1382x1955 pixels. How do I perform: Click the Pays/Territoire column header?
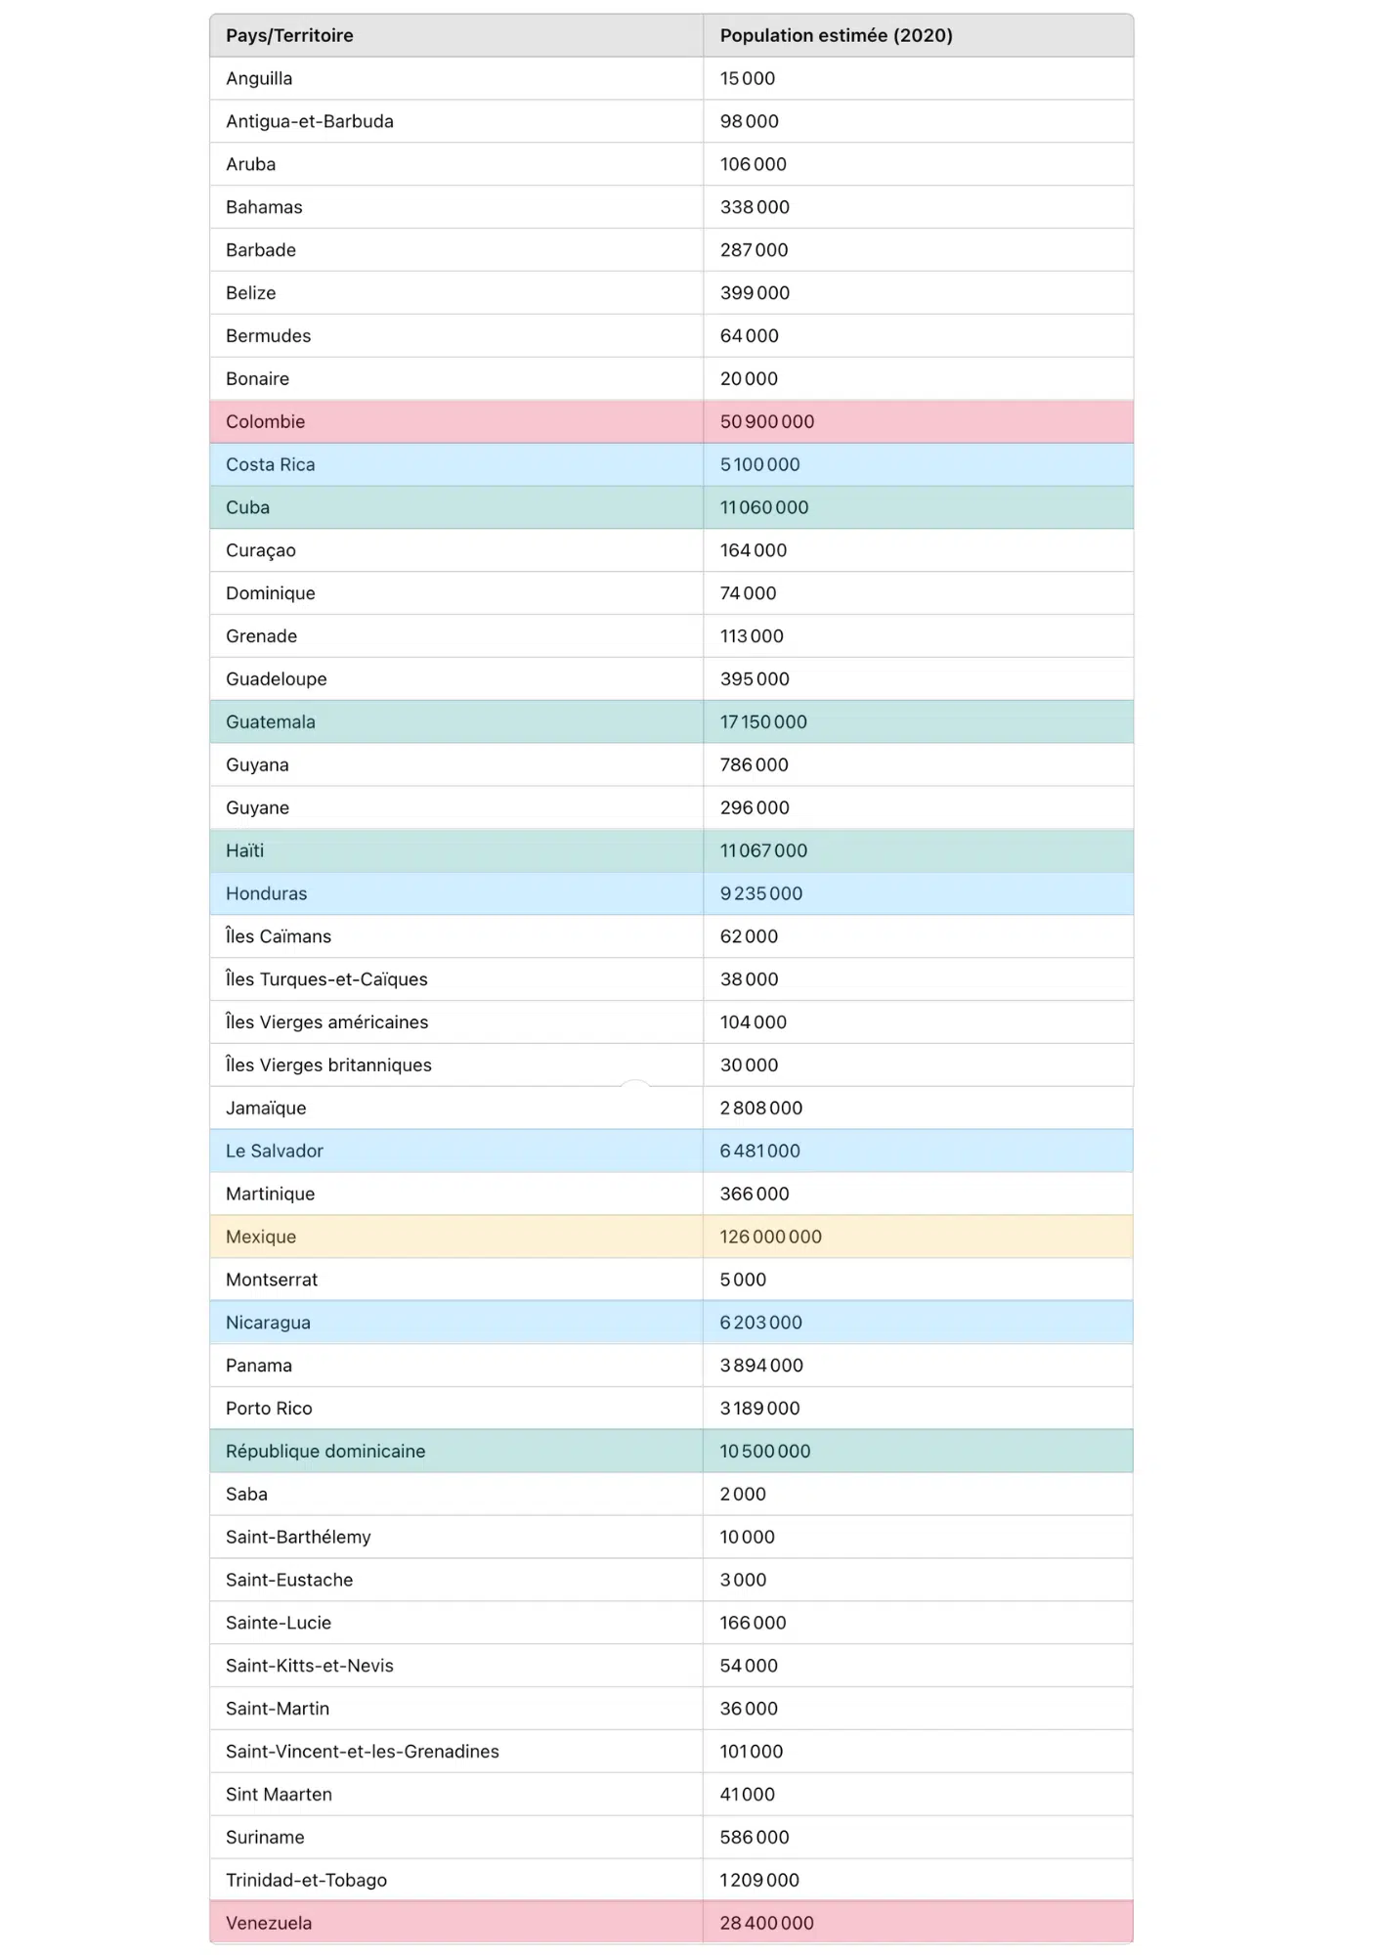click(289, 35)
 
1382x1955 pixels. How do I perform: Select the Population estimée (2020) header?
click(836, 35)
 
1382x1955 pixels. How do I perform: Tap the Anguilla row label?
click(259, 78)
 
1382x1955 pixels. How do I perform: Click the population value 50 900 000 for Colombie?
click(766, 421)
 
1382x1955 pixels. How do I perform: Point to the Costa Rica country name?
click(270, 464)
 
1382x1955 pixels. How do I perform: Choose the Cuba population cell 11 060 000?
click(763, 507)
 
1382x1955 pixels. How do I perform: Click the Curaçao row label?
click(260, 550)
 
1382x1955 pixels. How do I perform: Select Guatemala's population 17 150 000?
click(762, 721)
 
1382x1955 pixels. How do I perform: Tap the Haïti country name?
click(244, 850)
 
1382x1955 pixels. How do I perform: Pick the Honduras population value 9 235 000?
click(760, 893)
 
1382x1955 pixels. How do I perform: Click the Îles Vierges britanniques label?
click(328, 1064)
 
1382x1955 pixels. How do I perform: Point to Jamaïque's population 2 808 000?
click(760, 1108)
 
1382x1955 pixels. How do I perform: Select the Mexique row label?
click(260, 1237)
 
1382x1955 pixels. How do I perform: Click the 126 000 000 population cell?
click(770, 1237)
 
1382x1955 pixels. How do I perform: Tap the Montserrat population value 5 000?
click(743, 1280)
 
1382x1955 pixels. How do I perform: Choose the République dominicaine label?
click(325, 1451)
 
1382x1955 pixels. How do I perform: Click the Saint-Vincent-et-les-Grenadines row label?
click(362, 1751)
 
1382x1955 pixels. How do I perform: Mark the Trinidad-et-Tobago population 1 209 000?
click(758, 1880)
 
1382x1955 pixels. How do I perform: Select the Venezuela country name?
click(269, 1923)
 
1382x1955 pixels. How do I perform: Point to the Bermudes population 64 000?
click(749, 335)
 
